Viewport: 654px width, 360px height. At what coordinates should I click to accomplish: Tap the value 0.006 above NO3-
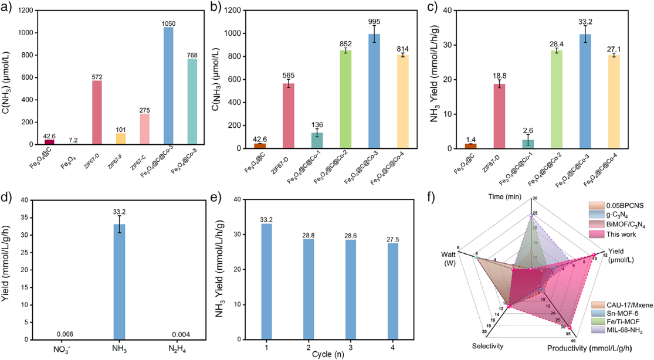65,334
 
